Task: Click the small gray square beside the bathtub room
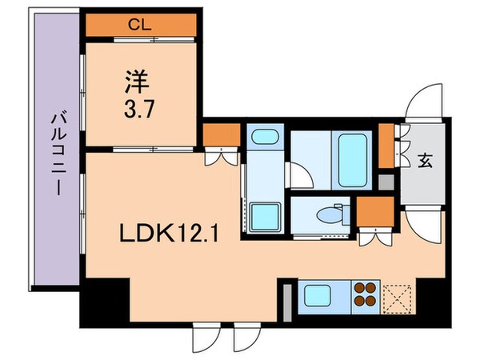[x=386, y=181]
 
